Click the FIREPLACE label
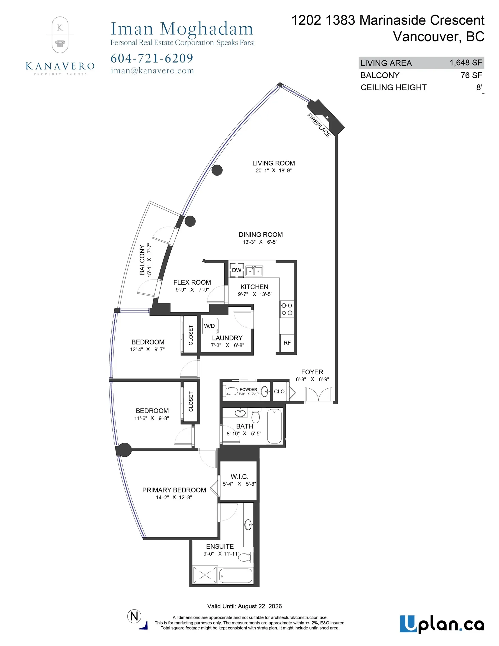coord(319,125)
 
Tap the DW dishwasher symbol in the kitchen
coord(236,270)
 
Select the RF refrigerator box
coord(287,343)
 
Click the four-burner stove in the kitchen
coord(287,309)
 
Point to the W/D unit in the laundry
coord(210,326)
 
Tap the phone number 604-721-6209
coord(152,58)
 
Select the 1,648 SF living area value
coord(466,63)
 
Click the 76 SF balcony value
coord(471,75)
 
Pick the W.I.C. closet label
coord(239,477)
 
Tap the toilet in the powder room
coord(232,392)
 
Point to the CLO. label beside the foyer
coord(279,392)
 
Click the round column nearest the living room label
coord(217,170)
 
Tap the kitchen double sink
coord(254,271)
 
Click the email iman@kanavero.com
coord(152,71)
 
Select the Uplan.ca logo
coord(442,624)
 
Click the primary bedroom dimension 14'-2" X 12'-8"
coord(174,497)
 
